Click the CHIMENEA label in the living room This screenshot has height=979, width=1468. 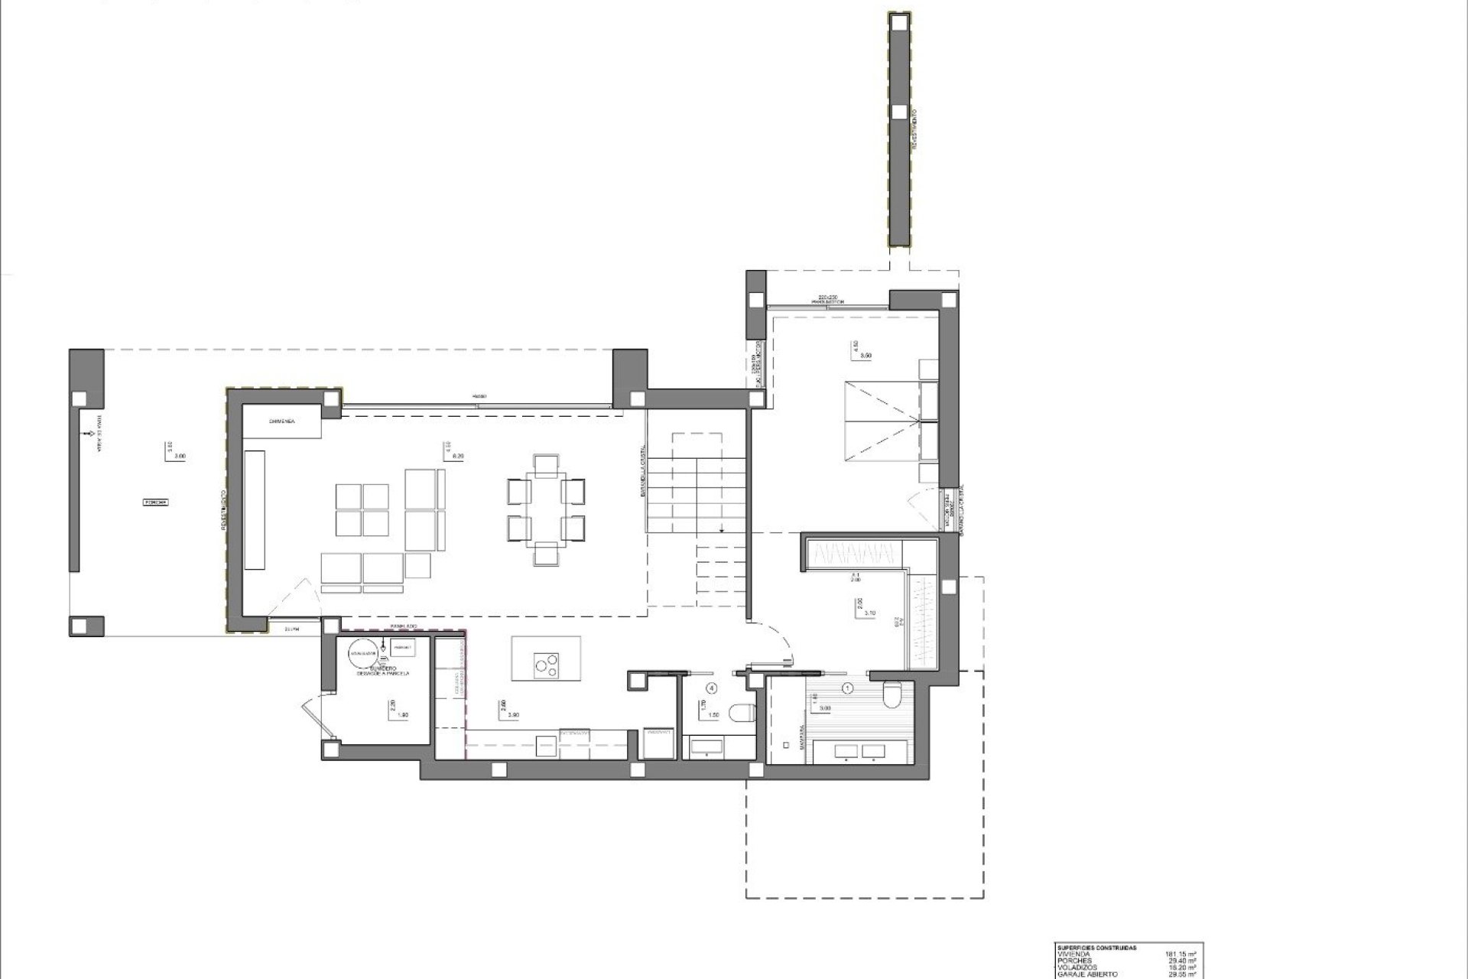[x=282, y=421]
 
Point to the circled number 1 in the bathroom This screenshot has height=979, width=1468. [x=847, y=688]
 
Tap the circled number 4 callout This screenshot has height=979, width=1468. [x=712, y=688]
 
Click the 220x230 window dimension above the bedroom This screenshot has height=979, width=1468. [x=828, y=296]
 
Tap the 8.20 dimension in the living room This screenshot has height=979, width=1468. [x=459, y=456]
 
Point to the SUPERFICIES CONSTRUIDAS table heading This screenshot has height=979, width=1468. [x=1095, y=947]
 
